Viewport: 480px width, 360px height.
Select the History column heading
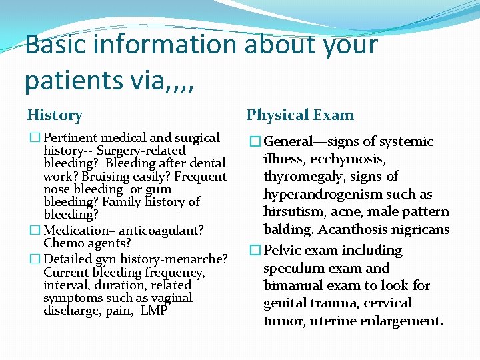point(55,115)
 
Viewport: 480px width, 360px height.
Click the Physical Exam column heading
point(300,115)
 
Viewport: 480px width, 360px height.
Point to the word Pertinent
point(71,138)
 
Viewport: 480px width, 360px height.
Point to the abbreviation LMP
point(153,311)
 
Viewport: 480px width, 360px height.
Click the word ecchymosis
point(347,159)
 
